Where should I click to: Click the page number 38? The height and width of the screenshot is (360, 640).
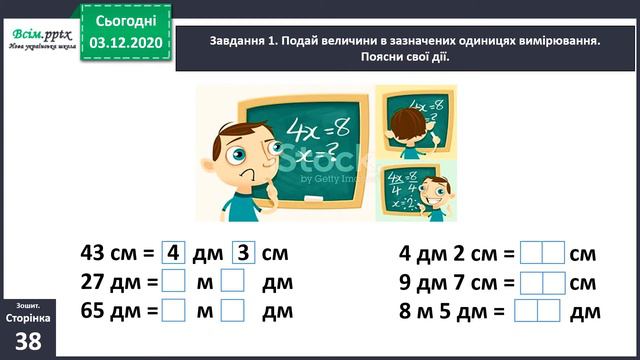pos(29,341)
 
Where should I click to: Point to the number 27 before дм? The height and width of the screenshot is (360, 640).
pos(99,283)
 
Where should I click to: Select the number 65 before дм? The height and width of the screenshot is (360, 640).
pos(99,311)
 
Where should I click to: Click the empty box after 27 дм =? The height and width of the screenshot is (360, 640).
pos(173,283)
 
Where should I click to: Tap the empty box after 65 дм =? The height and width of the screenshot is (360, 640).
pos(173,311)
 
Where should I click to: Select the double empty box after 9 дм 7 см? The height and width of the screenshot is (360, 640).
pos(542,283)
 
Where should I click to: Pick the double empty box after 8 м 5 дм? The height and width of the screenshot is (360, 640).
pos(536,311)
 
